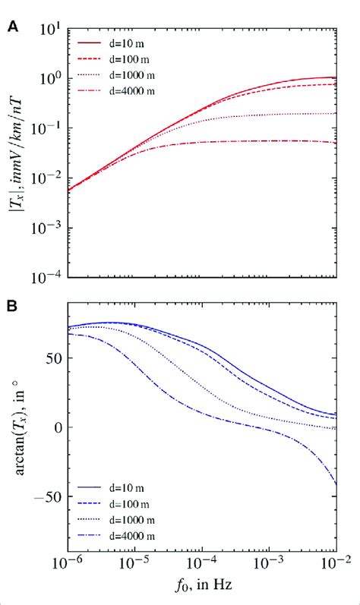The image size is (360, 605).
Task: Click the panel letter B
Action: tap(14, 307)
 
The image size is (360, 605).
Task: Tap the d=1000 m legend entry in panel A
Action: tap(116, 75)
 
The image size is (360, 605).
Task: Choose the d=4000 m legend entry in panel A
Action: tap(116, 91)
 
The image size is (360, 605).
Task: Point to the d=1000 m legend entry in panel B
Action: tap(116, 520)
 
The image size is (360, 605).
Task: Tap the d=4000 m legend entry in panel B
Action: tap(116, 536)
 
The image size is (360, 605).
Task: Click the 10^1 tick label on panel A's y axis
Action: tap(49, 30)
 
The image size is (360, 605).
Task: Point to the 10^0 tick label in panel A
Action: tap(49, 79)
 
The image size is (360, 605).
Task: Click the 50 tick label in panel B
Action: tap(53, 358)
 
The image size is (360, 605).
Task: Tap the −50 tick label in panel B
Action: tap(47, 496)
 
